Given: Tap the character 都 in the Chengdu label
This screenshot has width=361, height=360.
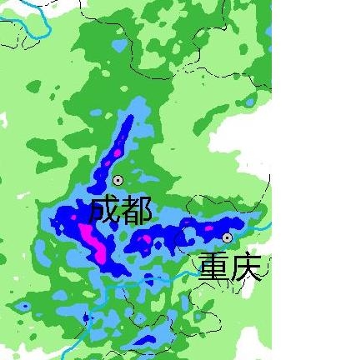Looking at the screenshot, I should tap(135, 210).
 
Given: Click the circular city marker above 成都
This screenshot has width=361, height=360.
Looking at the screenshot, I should tap(118, 180).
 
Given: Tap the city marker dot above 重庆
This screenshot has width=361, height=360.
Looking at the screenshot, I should tap(227, 237).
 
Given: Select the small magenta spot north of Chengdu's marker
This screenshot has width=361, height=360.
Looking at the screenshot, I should tap(116, 153).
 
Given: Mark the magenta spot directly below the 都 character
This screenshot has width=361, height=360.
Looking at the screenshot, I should tap(147, 241).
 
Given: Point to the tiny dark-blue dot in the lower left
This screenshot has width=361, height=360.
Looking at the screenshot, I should tap(25, 306).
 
